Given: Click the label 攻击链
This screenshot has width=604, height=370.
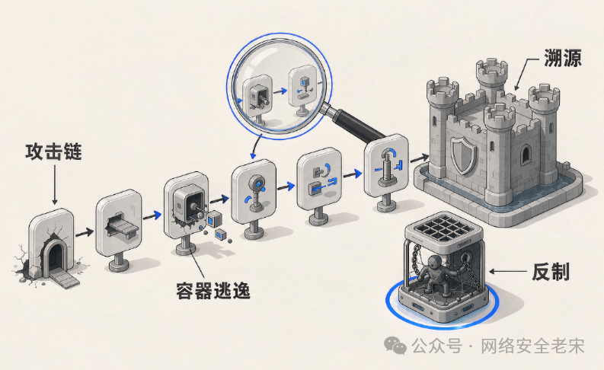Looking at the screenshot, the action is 53,152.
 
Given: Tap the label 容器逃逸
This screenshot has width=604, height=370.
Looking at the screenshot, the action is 213,291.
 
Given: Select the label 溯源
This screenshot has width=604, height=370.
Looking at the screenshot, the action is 562,58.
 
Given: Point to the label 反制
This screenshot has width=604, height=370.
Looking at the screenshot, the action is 551,272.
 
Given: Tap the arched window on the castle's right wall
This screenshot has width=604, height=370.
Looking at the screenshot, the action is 526,155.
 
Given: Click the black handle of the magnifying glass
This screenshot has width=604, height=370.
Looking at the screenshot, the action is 360,124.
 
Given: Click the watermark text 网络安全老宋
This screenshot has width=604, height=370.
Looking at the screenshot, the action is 532,346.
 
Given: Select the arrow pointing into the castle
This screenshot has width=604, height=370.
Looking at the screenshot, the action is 420,158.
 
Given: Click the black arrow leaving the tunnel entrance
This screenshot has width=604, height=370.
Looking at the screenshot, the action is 85,232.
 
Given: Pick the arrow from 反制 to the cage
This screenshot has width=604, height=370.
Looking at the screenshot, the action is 508,272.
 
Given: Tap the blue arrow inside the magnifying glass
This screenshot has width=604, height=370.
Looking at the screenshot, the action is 280,91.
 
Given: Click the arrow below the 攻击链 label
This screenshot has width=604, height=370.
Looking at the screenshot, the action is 55,185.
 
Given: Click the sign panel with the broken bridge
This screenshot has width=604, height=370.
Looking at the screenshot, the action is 119,223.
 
